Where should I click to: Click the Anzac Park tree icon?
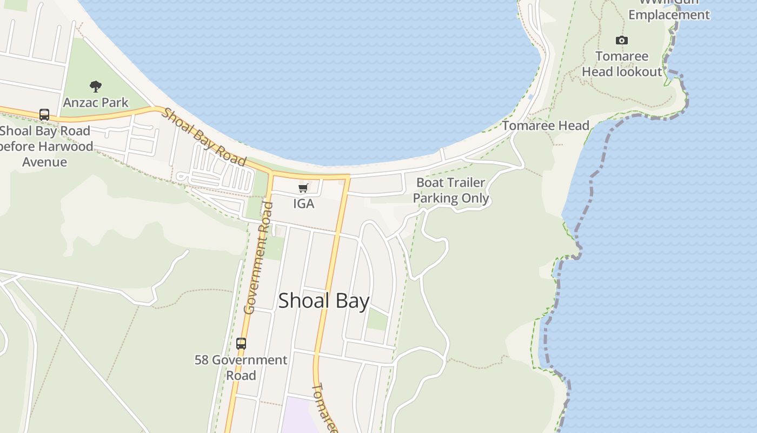[96, 86]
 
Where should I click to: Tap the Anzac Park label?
[96, 102]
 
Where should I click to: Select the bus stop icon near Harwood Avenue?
[44, 115]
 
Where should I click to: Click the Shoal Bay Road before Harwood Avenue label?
[45, 146]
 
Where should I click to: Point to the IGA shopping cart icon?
[303, 188]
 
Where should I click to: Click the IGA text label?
[303, 204]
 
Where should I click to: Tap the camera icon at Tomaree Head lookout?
[622, 41]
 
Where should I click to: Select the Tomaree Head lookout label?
[622, 64]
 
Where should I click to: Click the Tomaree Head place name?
[546, 126]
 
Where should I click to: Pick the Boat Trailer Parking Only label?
[451, 191]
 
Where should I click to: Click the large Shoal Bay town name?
[323, 301]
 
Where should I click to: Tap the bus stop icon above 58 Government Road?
[241, 343]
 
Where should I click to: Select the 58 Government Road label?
[241, 367]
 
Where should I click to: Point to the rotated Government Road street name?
[257, 258]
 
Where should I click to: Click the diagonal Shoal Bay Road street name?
[205, 137]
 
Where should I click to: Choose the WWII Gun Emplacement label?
[669, 10]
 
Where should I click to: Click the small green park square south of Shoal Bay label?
[377, 319]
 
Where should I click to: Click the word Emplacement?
[669, 15]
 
